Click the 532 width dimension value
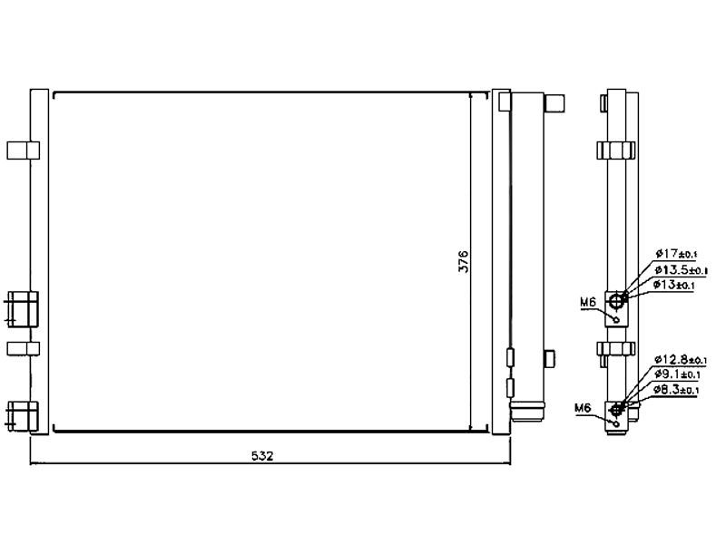pyautogui.click(x=262, y=456)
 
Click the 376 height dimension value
pyautogui.click(x=464, y=261)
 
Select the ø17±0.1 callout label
pyautogui.click(x=676, y=254)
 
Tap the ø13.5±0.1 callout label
pyautogui.click(x=681, y=269)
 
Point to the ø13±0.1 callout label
pyautogui.click(x=674, y=285)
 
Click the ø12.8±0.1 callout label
pyautogui.click(x=680, y=359)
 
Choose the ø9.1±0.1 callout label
pyautogui.click(x=677, y=374)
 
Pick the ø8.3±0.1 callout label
pyautogui.click(x=676, y=390)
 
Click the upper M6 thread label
pyautogui.click(x=587, y=303)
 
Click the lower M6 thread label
pyautogui.click(x=583, y=407)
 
